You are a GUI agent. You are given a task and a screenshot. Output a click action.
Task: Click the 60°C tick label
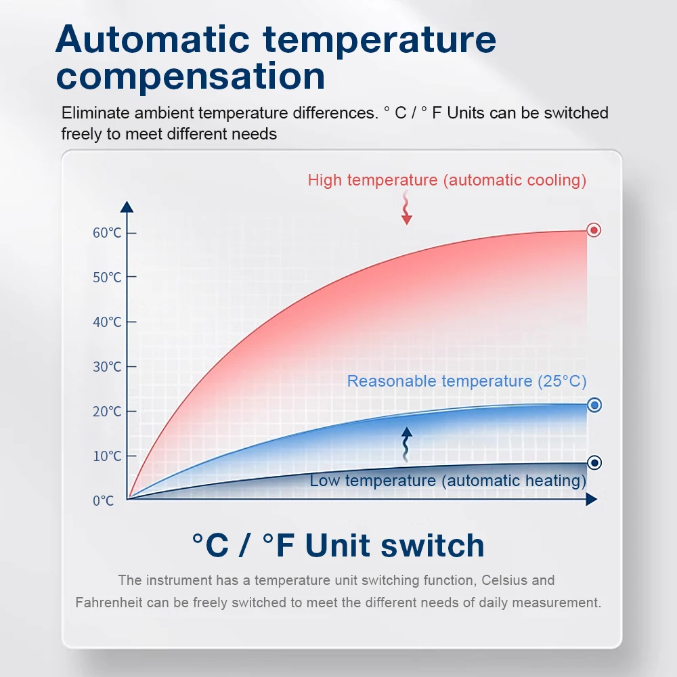pyautogui.click(x=107, y=233)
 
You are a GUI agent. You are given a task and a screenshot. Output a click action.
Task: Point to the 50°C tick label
pyautogui.click(x=107, y=277)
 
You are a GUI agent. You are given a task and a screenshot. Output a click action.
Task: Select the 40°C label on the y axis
pyautogui.click(x=107, y=322)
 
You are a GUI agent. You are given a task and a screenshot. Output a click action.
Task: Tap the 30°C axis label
pyautogui.click(x=107, y=366)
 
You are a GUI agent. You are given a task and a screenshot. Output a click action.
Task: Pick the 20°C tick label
pyautogui.click(x=107, y=412)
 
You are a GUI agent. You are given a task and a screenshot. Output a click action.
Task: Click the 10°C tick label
pyautogui.click(x=107, y=456)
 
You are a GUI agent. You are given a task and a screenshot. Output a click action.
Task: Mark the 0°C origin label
pyautogui.click(x=103, y=501)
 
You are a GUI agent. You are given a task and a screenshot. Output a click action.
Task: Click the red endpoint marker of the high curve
pyautogui.click(x=594, y=230)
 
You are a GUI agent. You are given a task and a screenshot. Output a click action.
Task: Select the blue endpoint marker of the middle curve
pyautogui.click(x=594, y=405)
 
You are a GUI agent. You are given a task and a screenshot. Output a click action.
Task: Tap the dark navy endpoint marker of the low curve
pyautogui.click(x=594, y=463)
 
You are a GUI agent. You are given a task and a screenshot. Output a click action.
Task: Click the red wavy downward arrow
pyautogui.click(x=406, y=208)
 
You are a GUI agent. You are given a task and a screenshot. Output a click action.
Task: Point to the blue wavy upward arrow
pyautogui.click(x=406, y=445)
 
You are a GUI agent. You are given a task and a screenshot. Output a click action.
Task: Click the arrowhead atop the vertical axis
pyautogui.click(x=127, y=206)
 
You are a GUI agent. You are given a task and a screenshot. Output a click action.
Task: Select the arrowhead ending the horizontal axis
pyautogui.click(x=592, y=500)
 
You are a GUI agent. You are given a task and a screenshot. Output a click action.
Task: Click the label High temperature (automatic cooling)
pyautogui.click(x=447, y=181)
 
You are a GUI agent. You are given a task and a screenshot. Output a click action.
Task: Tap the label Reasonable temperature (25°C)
pyautogui.click(x=466, y=381)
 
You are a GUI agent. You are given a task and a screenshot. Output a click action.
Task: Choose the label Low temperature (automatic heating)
pyautogui.click(x=447, y=481)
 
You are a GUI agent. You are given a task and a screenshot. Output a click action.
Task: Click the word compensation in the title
pyautogui.click(x=190, y=77)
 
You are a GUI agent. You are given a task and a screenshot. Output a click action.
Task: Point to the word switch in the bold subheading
pyautogui.click(x=433, y=545)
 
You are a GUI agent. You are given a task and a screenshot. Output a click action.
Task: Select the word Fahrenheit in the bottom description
pyautogui.click(x=109, y=603)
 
